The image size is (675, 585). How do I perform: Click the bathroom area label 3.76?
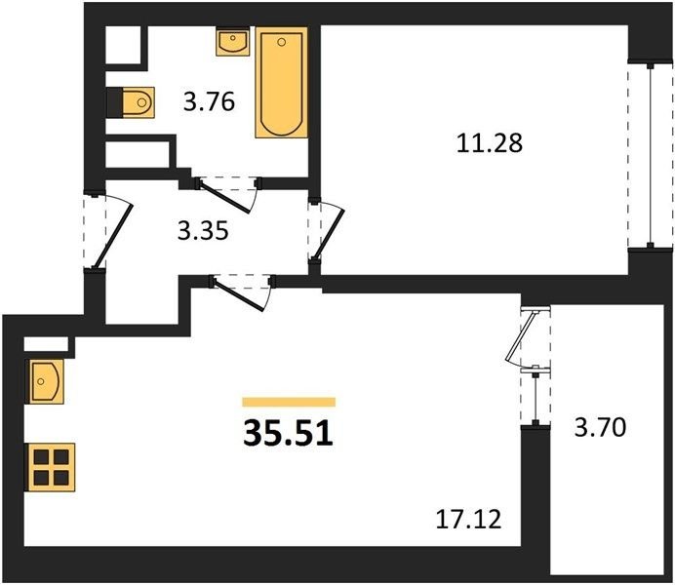point(209,102)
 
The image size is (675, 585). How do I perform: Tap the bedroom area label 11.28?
point(490,143)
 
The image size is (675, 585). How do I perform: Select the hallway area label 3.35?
point(203,231)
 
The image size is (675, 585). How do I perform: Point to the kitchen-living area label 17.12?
point(469,519)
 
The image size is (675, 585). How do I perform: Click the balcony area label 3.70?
point(600,428)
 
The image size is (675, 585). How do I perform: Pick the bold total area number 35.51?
point(288,433)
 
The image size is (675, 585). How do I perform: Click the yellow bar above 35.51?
point(289,402)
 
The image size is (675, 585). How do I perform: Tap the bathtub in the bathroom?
point(282,82)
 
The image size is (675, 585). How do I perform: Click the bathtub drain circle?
point(282,42)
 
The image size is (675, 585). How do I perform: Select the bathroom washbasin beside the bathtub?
point(232,42)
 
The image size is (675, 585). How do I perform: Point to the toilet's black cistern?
point(114,102)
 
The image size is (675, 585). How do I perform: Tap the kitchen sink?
point(47,381)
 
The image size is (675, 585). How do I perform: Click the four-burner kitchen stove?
point(52,467)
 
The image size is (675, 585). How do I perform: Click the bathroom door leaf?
point(224,197)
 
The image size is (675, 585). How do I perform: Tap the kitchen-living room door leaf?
point(238,294)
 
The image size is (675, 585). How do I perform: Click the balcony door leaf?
point(522,335)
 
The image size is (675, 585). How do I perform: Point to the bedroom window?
point(650,155)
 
